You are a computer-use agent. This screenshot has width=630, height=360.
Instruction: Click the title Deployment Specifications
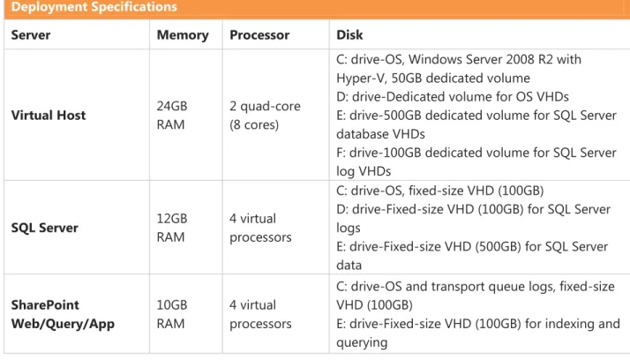pos(94,7)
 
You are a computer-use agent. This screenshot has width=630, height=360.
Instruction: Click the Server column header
pos(31,35)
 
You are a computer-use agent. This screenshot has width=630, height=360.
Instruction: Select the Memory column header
pos(183,35)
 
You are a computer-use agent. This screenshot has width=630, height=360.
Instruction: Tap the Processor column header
pos(259,35)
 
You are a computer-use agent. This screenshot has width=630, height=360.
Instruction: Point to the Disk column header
pos(349,35)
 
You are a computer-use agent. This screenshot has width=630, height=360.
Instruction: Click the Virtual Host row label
pos(49,116)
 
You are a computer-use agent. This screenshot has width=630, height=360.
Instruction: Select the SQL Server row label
pos(45,228)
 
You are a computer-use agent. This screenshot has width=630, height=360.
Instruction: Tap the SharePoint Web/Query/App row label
pos(63,314)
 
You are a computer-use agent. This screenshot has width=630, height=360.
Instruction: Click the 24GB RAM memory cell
pos(172,116)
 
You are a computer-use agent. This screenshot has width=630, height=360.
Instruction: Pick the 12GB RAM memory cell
pos(172,228)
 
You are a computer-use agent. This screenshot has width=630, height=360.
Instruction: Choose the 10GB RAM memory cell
pos(172,314)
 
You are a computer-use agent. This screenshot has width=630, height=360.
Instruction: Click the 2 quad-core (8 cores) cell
pos(266,116)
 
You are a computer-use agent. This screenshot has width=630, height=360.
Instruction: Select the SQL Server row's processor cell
pos(261,228)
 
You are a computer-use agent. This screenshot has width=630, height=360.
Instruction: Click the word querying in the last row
pos(362,342)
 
